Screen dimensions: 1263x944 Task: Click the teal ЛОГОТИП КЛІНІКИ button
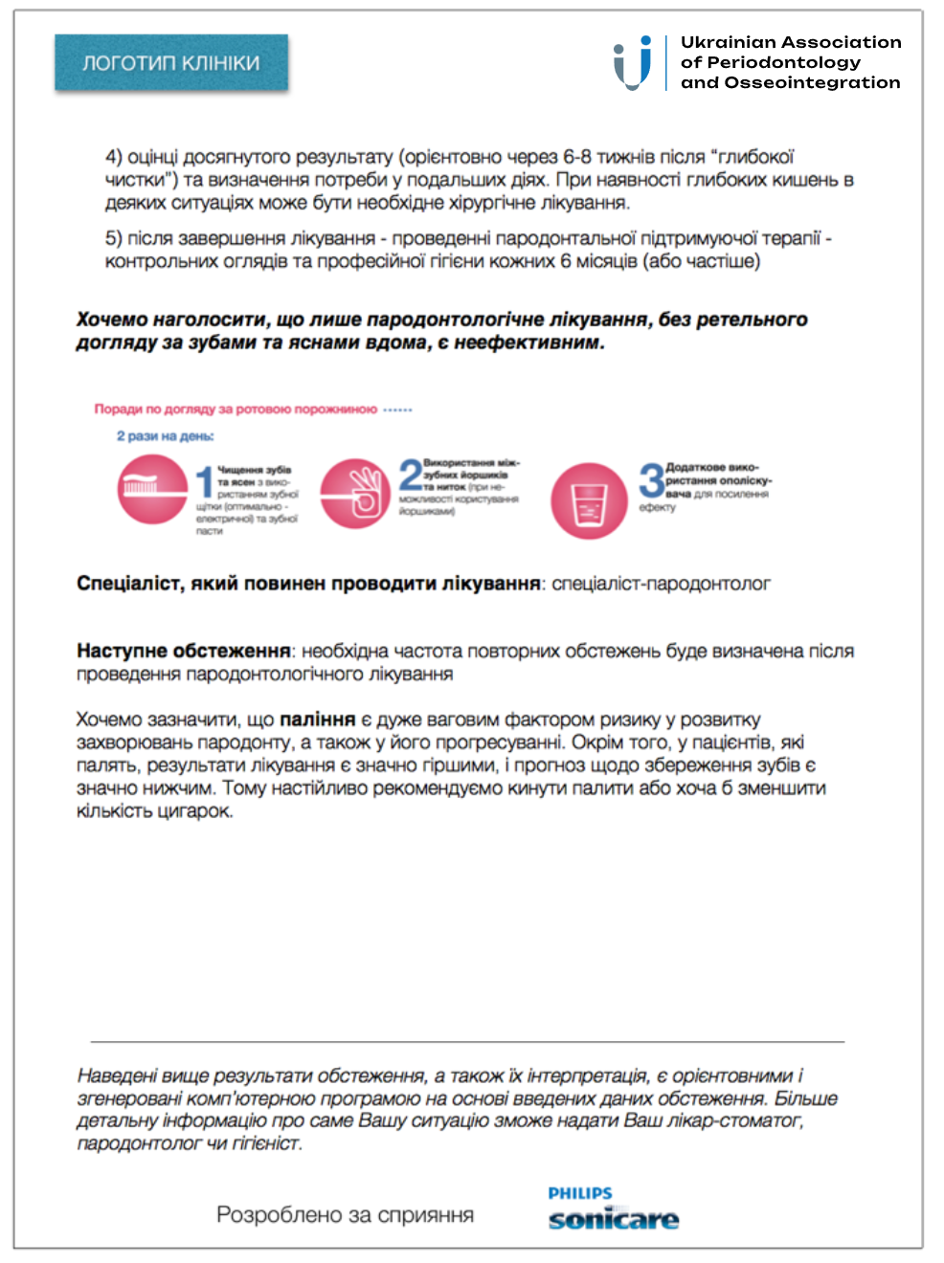click(171, 63)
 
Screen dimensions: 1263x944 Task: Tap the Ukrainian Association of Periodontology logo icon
click(633, 63)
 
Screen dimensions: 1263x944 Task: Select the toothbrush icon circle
click(152, 489)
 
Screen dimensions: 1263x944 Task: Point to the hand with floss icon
click(355, 493)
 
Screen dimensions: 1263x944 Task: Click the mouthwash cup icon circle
click(589, 500)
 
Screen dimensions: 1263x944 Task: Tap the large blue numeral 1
click(204, 484)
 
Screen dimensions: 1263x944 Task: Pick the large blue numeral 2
click(410, 475)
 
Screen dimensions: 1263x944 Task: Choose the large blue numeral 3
click(652, 480)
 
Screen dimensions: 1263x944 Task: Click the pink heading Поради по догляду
click(236, 410)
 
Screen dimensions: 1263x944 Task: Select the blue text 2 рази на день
click(166, 436)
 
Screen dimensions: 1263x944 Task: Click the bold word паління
click(317, 720)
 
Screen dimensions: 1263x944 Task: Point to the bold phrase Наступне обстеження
click(184, 652)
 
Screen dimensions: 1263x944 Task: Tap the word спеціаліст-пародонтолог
click(661, 584)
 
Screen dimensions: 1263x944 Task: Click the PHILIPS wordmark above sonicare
click(580, 1193)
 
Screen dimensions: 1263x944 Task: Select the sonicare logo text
click(613, 1220)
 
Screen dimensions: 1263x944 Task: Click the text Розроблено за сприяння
click(345, 1215)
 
